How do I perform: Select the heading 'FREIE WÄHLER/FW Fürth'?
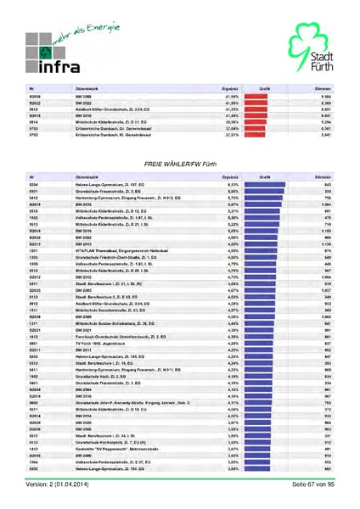click(x=180, y=161)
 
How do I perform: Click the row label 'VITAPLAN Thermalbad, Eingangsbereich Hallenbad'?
click(x=115, y=251)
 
